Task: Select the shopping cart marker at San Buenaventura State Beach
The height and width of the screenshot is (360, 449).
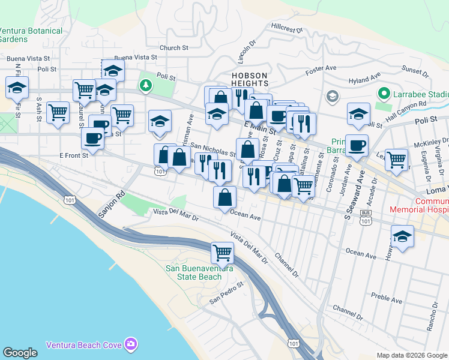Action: [222, 253]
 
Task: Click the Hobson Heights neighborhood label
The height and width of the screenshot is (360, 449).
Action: [249, 79]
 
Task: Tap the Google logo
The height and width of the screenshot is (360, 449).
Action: [20, 353]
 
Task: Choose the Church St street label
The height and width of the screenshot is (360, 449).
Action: [173, 47]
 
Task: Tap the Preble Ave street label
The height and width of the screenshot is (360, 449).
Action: [386, 297]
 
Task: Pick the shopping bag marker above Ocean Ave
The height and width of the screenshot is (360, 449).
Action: [224, 197]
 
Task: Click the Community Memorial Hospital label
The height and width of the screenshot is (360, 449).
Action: [420, 206]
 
